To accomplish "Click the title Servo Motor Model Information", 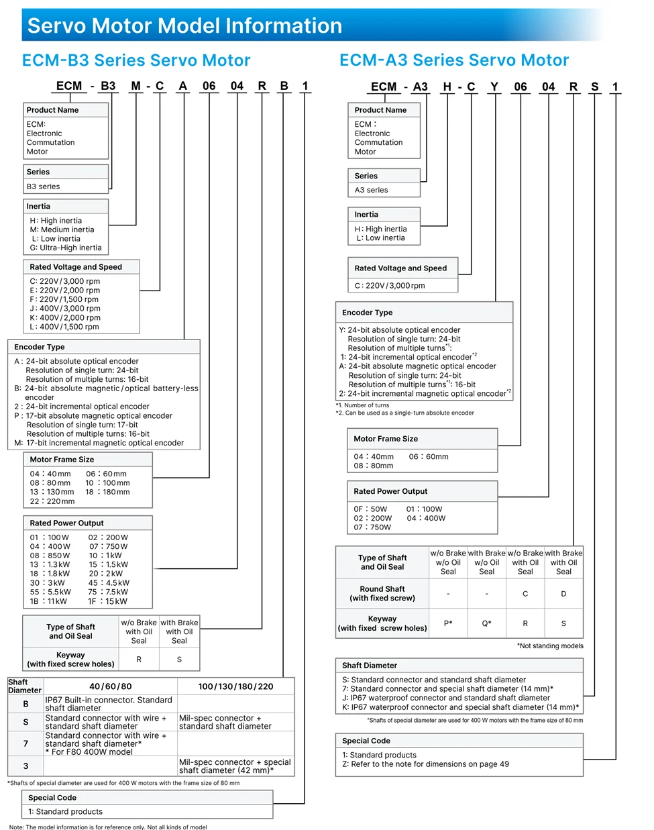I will (x=184, y=25).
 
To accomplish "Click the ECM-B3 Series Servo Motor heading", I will (x=136, y=60).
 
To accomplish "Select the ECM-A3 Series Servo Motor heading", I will (x=454, y=60).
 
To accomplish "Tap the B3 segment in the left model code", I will (x=108, y=86).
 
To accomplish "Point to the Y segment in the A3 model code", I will (x=494, y=87).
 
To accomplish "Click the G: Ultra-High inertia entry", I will (x=66, y=248).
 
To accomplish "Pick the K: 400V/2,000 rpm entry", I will (x=65, y=317).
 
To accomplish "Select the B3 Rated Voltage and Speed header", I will (x=76, y=267).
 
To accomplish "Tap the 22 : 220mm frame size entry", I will (x=52, y=501).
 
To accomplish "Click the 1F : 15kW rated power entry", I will (x=108, y=601).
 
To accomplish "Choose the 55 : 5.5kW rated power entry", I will (x=50, y=592).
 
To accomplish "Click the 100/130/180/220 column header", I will (x=235, y=686).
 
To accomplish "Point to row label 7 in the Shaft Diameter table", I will (x=25, y=743).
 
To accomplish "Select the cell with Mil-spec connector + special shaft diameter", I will (x=235, y=766).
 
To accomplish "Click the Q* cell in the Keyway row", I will (x=487, y=623).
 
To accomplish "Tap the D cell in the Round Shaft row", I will (x=563, y=594).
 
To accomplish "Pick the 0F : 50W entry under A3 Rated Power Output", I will (x=370, y=509).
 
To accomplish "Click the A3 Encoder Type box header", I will (x=368, y=313).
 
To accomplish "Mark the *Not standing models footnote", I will (x=550, y=646).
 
